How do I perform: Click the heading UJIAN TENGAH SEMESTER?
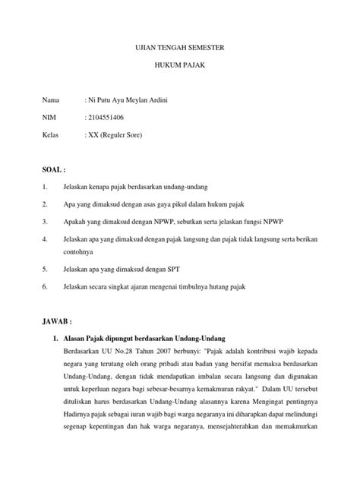point(180,48)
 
